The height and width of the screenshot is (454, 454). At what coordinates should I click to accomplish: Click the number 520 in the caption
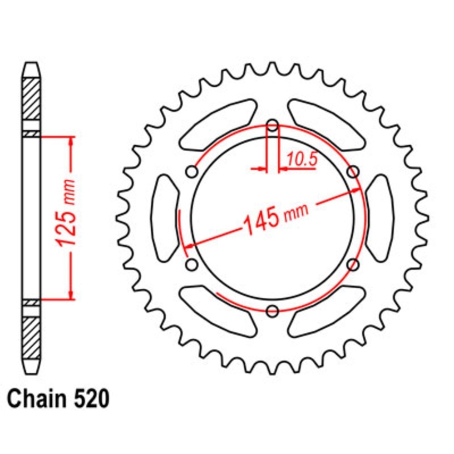pos(92,399)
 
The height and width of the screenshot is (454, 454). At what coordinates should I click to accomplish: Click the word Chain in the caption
pos(36,399)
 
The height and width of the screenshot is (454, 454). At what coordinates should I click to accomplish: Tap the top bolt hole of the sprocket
pos(272,126)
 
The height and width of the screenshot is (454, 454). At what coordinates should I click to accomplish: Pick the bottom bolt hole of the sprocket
pos(272,311)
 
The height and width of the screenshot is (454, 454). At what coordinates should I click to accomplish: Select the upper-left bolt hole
pos(192,172)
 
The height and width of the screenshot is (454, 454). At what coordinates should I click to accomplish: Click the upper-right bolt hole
pos(353,172)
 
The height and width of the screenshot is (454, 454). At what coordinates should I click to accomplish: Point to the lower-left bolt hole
pos(192,265)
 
